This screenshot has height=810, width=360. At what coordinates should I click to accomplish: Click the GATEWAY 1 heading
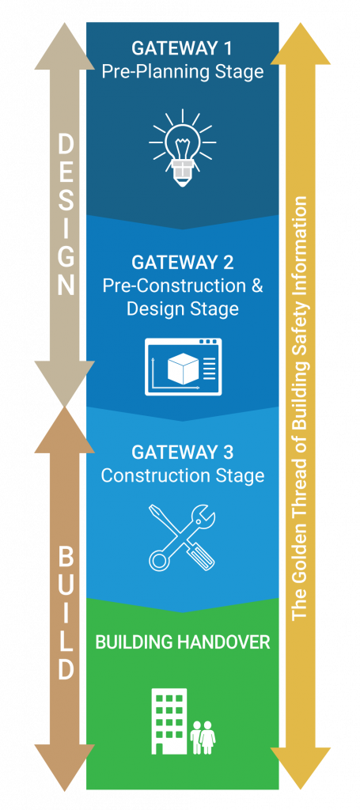click(x=182, y=48)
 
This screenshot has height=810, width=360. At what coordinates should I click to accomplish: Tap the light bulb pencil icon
click(x=182, y=147)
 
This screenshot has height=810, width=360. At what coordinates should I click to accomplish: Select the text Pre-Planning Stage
click(x=182, y=72)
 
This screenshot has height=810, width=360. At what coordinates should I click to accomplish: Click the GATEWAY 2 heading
click(x=182, y=263)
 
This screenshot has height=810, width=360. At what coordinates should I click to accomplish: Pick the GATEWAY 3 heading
click(x=182, y=452)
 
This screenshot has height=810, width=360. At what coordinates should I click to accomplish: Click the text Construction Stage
click(x=182, y=475)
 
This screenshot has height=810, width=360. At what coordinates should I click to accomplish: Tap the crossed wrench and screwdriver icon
click(x=182, y=536)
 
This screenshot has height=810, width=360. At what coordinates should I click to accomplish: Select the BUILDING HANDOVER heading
click(x=183, y=642)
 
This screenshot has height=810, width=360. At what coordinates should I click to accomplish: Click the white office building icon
click(x=169, y=721)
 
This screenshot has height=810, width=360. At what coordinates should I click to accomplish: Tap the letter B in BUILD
click(x=66, y=558)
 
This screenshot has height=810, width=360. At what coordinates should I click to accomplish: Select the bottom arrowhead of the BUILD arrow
click(x=65, y=767)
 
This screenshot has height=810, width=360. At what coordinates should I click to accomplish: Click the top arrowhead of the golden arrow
click(x=301, y=44)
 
